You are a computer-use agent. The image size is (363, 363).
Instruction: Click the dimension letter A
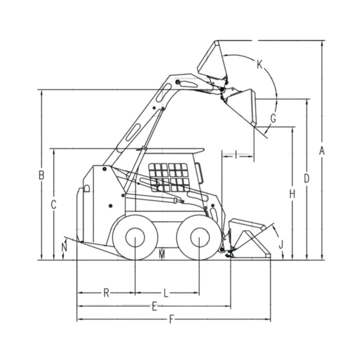322,151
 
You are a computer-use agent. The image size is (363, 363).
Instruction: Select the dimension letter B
42,175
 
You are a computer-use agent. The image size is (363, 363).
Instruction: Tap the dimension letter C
53,205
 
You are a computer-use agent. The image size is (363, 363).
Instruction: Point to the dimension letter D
307,178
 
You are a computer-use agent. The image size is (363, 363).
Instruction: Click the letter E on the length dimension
154,306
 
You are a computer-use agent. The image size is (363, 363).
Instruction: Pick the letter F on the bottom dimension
171,320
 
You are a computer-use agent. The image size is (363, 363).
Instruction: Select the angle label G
273,119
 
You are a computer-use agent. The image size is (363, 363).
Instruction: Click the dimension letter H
292,194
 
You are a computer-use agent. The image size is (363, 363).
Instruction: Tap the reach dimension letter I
236,155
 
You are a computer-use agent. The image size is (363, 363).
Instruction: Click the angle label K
259,64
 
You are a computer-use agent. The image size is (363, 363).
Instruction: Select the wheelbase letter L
166,293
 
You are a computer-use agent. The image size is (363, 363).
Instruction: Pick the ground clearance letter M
162,255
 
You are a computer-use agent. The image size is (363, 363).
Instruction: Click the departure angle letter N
64,247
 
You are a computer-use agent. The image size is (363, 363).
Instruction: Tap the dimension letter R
106,293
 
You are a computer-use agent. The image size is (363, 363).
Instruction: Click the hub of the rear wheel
135,237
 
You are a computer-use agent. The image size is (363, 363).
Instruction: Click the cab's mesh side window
169,177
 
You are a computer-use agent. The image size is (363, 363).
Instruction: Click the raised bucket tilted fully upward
212,61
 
